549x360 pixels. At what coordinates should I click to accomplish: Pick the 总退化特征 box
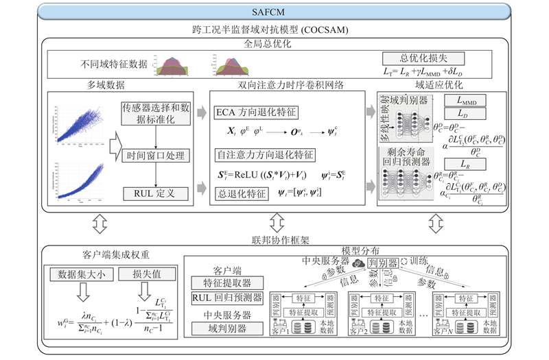point(242,194)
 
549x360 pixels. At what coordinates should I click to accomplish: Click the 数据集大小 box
point(77,274)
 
